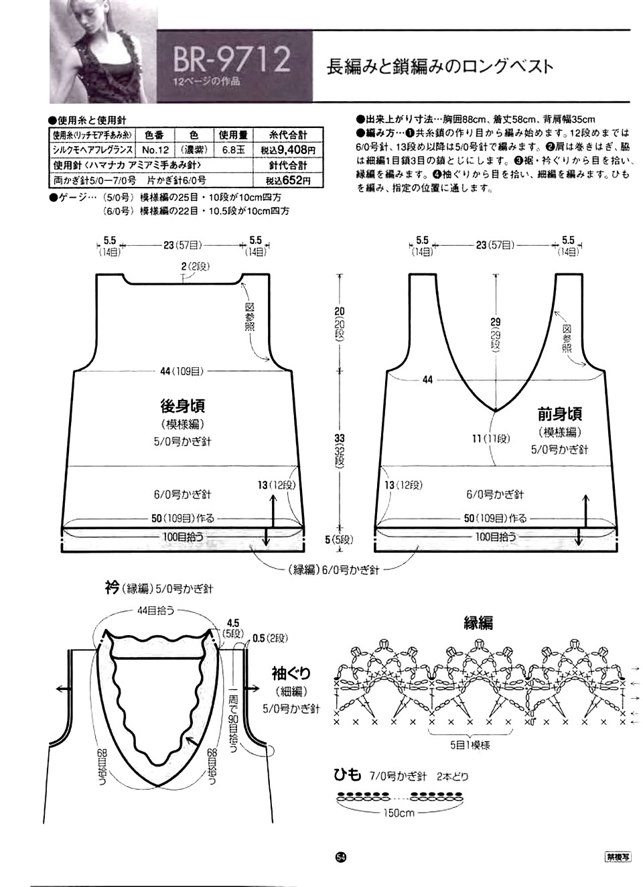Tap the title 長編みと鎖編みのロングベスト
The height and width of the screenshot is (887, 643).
click(x=439, y=67)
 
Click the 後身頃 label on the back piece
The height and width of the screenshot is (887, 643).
click(x=182, y=405)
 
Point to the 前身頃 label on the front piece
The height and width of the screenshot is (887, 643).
click(x=559, y=413)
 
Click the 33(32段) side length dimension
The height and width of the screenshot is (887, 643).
click(x=340, y=449)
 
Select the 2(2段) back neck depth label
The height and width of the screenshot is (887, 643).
click(x=195, y=267)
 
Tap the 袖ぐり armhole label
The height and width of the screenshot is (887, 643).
click(x=291, y=672)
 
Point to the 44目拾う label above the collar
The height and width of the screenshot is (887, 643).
click(x=156, y=610)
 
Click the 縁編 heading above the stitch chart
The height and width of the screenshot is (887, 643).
click(x=478, y=622)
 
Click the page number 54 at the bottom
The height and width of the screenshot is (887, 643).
click(x=340, y=858)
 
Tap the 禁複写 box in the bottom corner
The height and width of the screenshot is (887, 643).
click(x=616, y=857)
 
